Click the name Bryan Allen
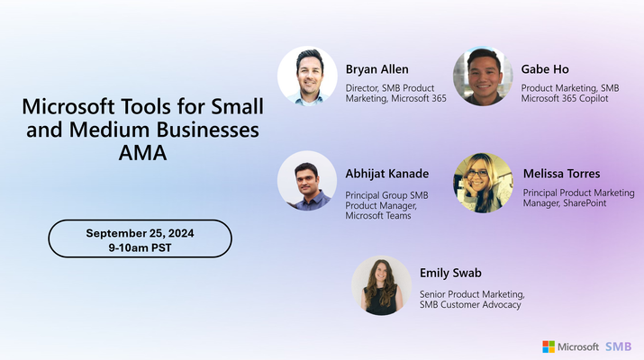point(377,69)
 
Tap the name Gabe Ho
point(545,69)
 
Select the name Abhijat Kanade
point(387,174)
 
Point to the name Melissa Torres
point(561,174)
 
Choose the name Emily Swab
point(450,273)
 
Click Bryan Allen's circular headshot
point(307,76)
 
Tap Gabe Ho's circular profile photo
point(483,76)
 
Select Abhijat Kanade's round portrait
point(307,181)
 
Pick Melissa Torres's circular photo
point(483,183)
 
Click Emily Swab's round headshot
point(382,285)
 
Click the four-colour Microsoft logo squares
point(549,346)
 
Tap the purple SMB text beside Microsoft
point(618,346)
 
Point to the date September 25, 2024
point(140,233)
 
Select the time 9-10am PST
point(140,247)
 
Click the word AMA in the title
point(142,153)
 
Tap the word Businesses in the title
point(208,130)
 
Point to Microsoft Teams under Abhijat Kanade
point(378,216)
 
